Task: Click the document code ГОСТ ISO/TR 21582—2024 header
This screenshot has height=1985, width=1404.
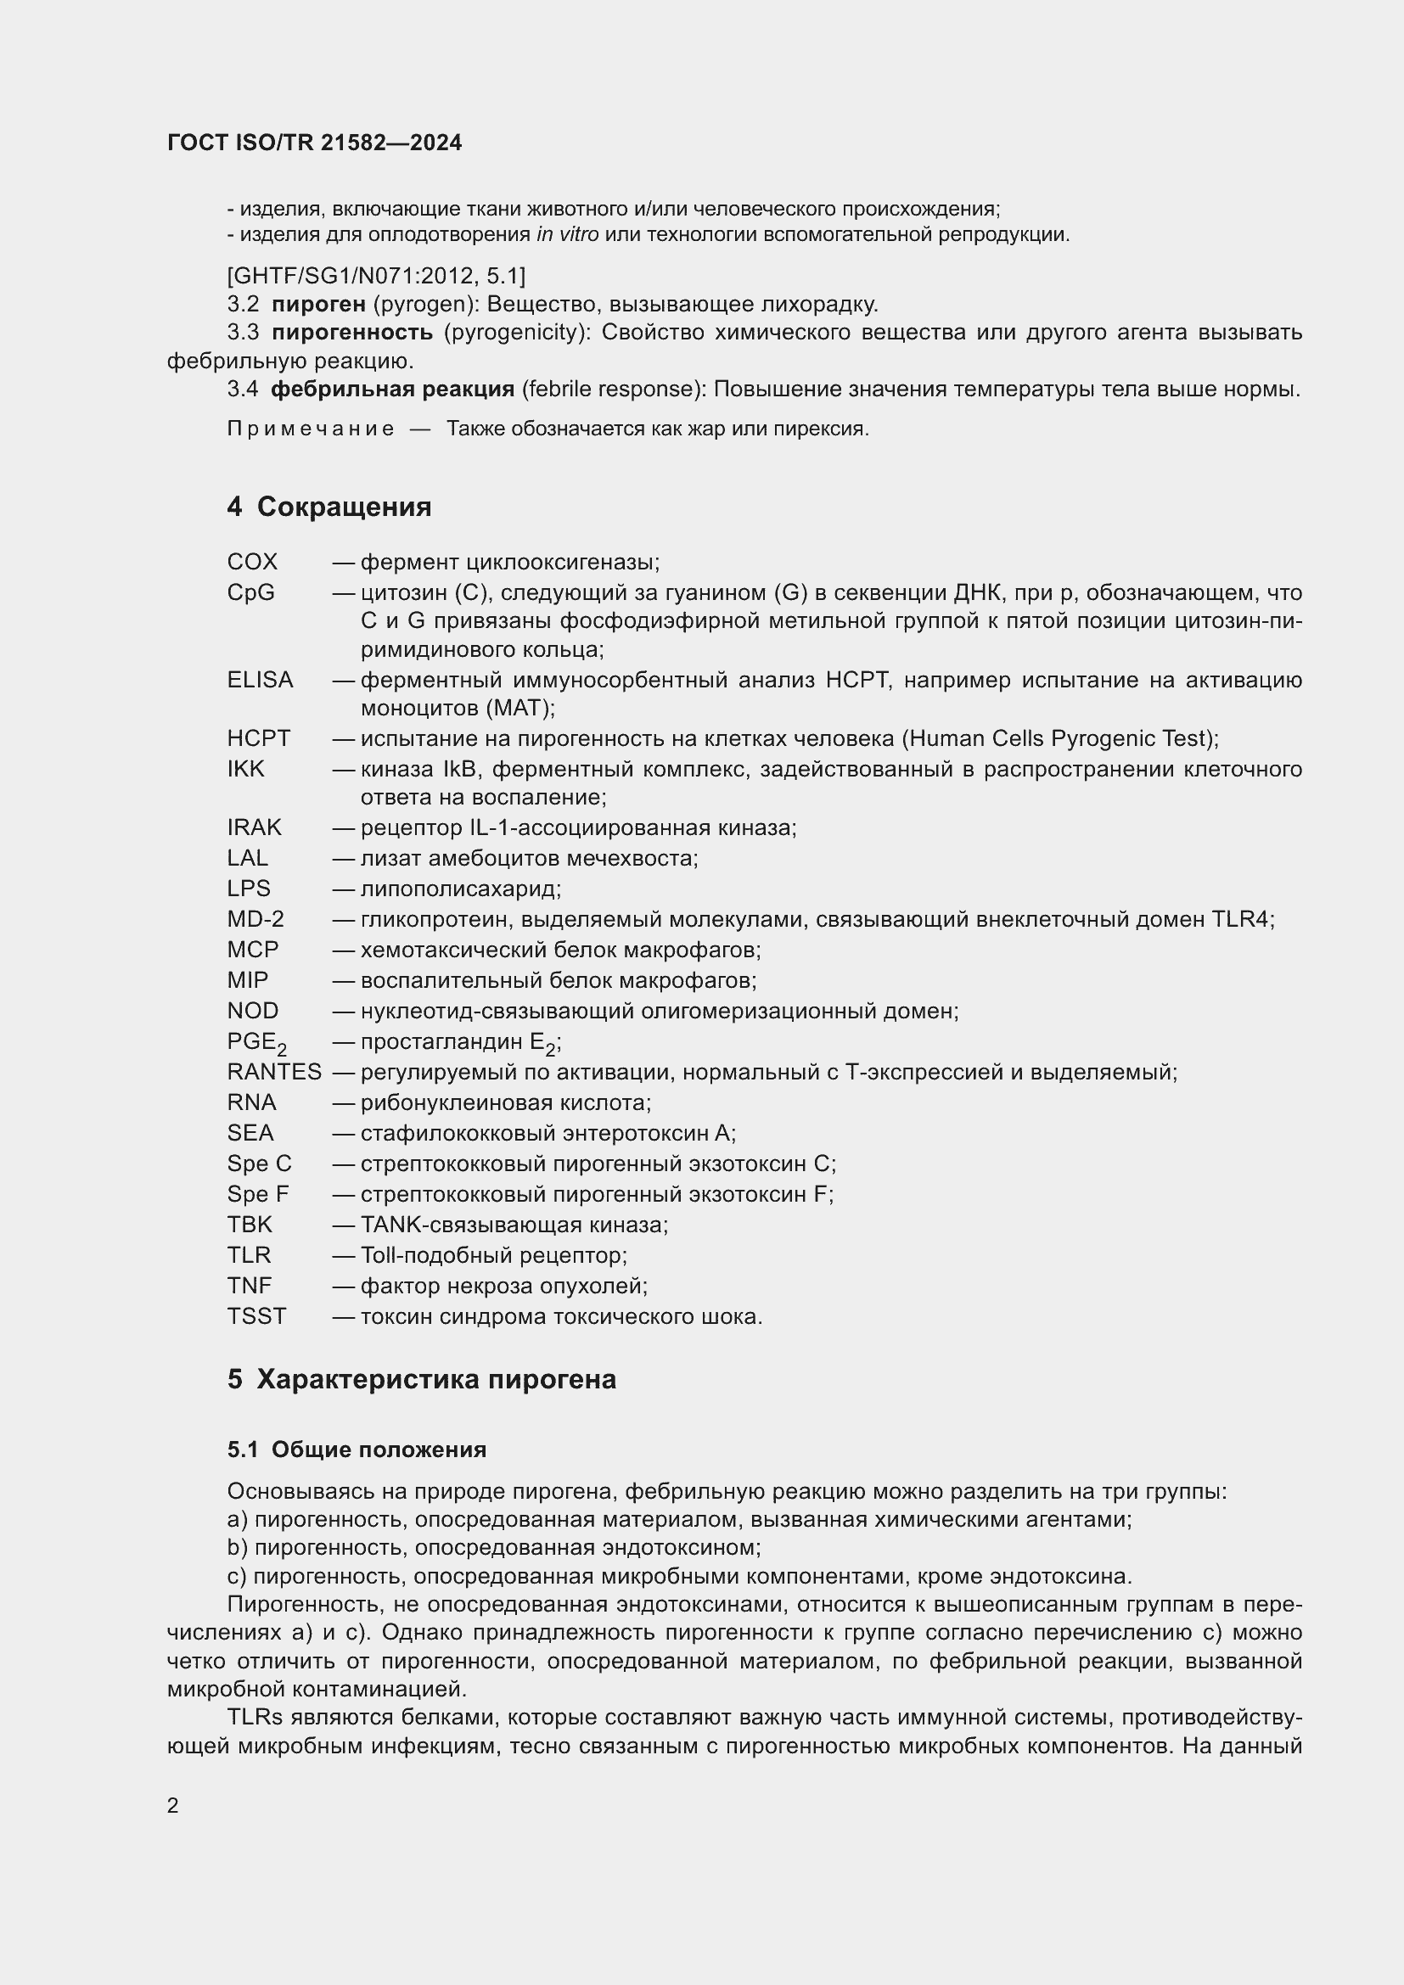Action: click(315, 143)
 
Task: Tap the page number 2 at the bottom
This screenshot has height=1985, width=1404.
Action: click(173, 1805)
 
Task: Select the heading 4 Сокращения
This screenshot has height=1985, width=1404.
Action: click(329, 507)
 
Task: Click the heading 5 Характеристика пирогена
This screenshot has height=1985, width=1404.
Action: click(421, 1379)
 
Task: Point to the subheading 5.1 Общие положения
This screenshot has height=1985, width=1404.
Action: click(357, 1449)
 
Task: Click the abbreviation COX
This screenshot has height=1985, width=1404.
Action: click(252, 562)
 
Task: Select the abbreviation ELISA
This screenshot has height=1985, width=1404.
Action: click(261, 681)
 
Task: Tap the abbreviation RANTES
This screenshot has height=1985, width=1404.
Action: click(274, 1072)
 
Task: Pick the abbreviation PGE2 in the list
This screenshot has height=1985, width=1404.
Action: click(256, 1043)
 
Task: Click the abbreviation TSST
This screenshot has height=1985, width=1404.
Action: click(256, 1317)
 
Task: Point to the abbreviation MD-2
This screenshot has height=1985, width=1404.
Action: click(255, 919)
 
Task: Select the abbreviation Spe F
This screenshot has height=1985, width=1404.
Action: click(258, 1194)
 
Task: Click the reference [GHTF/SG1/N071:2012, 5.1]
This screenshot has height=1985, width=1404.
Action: click(376, 276)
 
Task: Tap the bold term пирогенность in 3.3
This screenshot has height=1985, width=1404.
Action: click(352, 333)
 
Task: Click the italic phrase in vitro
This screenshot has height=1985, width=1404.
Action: click(567, 234)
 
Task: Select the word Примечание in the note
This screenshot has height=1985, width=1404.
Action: click(311, 429)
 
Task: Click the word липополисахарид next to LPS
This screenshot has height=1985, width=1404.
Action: click(460, 889)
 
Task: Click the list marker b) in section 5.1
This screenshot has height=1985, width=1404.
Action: click(237, 1548)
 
